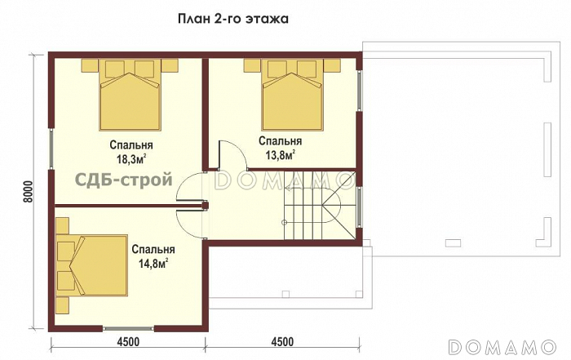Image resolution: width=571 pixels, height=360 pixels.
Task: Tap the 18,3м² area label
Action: point(131,159)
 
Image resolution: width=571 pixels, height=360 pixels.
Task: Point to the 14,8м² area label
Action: point(153,263)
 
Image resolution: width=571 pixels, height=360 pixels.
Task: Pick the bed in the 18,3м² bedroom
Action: point(131,95)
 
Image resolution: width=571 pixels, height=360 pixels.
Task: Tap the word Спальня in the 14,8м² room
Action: point(153,250)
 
